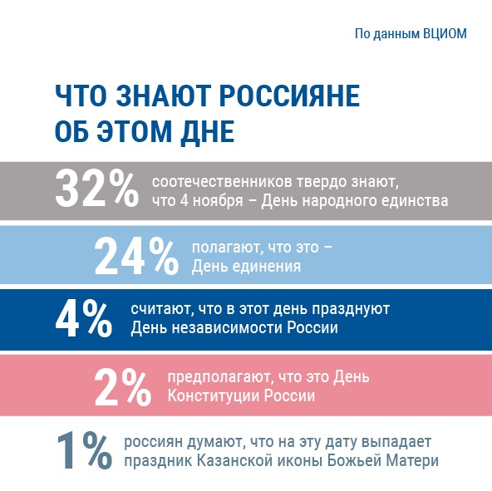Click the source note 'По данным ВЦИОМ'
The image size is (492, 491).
(411, 33)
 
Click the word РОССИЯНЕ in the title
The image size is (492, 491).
(289, 96)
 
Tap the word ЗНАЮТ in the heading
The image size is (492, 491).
(161, 96)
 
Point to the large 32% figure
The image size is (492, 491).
(96, 189)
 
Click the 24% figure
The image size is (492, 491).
(136, 257)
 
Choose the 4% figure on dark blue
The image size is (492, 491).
(84, 319)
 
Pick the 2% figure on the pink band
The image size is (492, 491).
(123, 387)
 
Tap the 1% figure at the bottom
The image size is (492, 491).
(84, 450)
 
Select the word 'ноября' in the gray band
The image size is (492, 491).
(218, 201)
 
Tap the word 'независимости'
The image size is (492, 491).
(227, 328)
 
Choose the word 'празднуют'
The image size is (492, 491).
(351, 309)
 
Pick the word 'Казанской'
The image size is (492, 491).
(240, 461)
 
